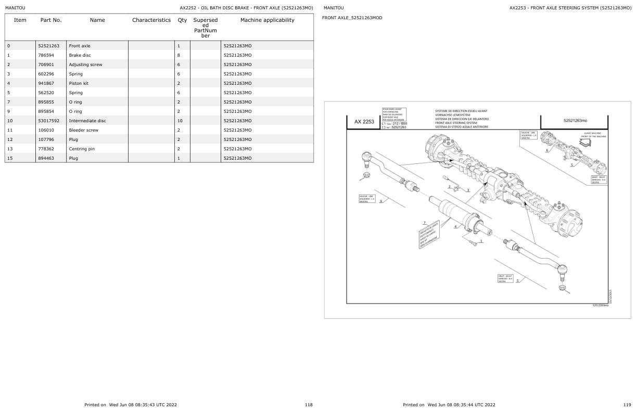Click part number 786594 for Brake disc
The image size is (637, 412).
[x=48, y=55]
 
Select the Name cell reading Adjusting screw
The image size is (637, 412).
[x=85, y=65]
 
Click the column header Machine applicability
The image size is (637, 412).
[x=267, y=20]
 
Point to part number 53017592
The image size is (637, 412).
[x=48, y=121]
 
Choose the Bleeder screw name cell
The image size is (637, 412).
[x=83, y=130]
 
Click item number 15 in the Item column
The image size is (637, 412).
[x=9, y=158]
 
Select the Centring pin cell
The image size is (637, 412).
[x=82, y=149]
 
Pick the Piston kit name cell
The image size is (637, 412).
[x=79, y=83]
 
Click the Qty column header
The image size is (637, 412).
[x=182, y=20]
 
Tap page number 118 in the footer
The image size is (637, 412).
[x=309, y=404]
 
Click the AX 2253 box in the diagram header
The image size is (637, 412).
[x=364, y=122]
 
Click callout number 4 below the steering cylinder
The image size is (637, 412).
[x=456, y=227]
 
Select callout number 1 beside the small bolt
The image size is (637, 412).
[x=481, y=241]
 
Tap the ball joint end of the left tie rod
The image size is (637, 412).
[x=366, y=156]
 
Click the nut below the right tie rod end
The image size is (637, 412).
[x=562, y=288]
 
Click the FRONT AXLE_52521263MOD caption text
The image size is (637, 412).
[x=352, y=18]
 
